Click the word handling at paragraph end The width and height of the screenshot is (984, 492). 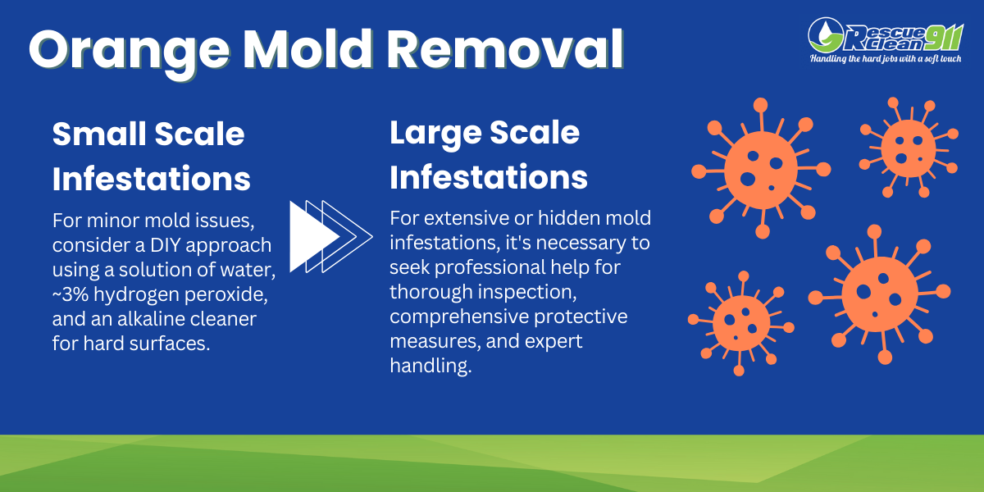(x=430, y=365)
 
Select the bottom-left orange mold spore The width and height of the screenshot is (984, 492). (x=739, y=323)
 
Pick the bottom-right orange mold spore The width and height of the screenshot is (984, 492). (x=878, y=293)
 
